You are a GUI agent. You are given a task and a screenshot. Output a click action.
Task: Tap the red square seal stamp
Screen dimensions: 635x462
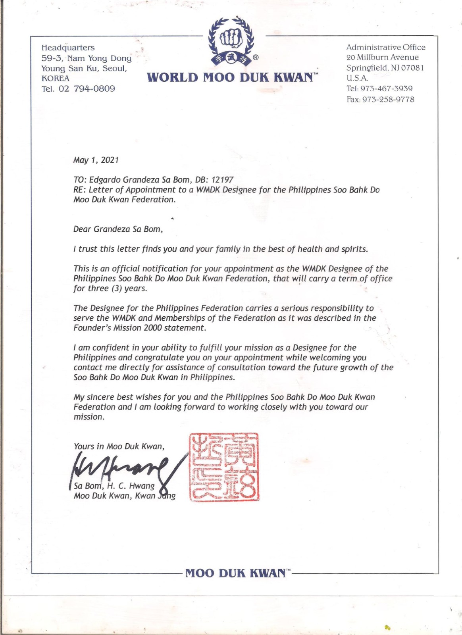224,467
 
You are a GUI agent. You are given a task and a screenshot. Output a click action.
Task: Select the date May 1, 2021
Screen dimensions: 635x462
96,160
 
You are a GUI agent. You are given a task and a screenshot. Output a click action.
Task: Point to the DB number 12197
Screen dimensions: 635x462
223,180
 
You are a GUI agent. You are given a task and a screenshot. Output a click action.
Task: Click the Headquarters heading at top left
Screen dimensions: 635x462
68,48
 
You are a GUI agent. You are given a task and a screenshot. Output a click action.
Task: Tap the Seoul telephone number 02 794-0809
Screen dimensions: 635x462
87,89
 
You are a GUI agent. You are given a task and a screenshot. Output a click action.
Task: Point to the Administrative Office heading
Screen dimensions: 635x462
385,47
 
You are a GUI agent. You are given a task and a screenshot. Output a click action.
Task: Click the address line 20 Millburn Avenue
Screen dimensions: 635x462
382,58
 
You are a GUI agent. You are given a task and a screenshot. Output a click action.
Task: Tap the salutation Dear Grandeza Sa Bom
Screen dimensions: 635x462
118,229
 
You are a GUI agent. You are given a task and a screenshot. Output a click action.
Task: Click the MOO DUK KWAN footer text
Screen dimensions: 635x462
235,573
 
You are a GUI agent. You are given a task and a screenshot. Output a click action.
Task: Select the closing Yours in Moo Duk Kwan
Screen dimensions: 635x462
119,446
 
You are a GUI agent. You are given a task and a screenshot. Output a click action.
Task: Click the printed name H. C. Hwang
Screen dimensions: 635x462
131,486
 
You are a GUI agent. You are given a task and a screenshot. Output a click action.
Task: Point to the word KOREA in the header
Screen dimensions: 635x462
56,78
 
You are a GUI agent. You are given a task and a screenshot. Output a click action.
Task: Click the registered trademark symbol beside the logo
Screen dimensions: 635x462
256,58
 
